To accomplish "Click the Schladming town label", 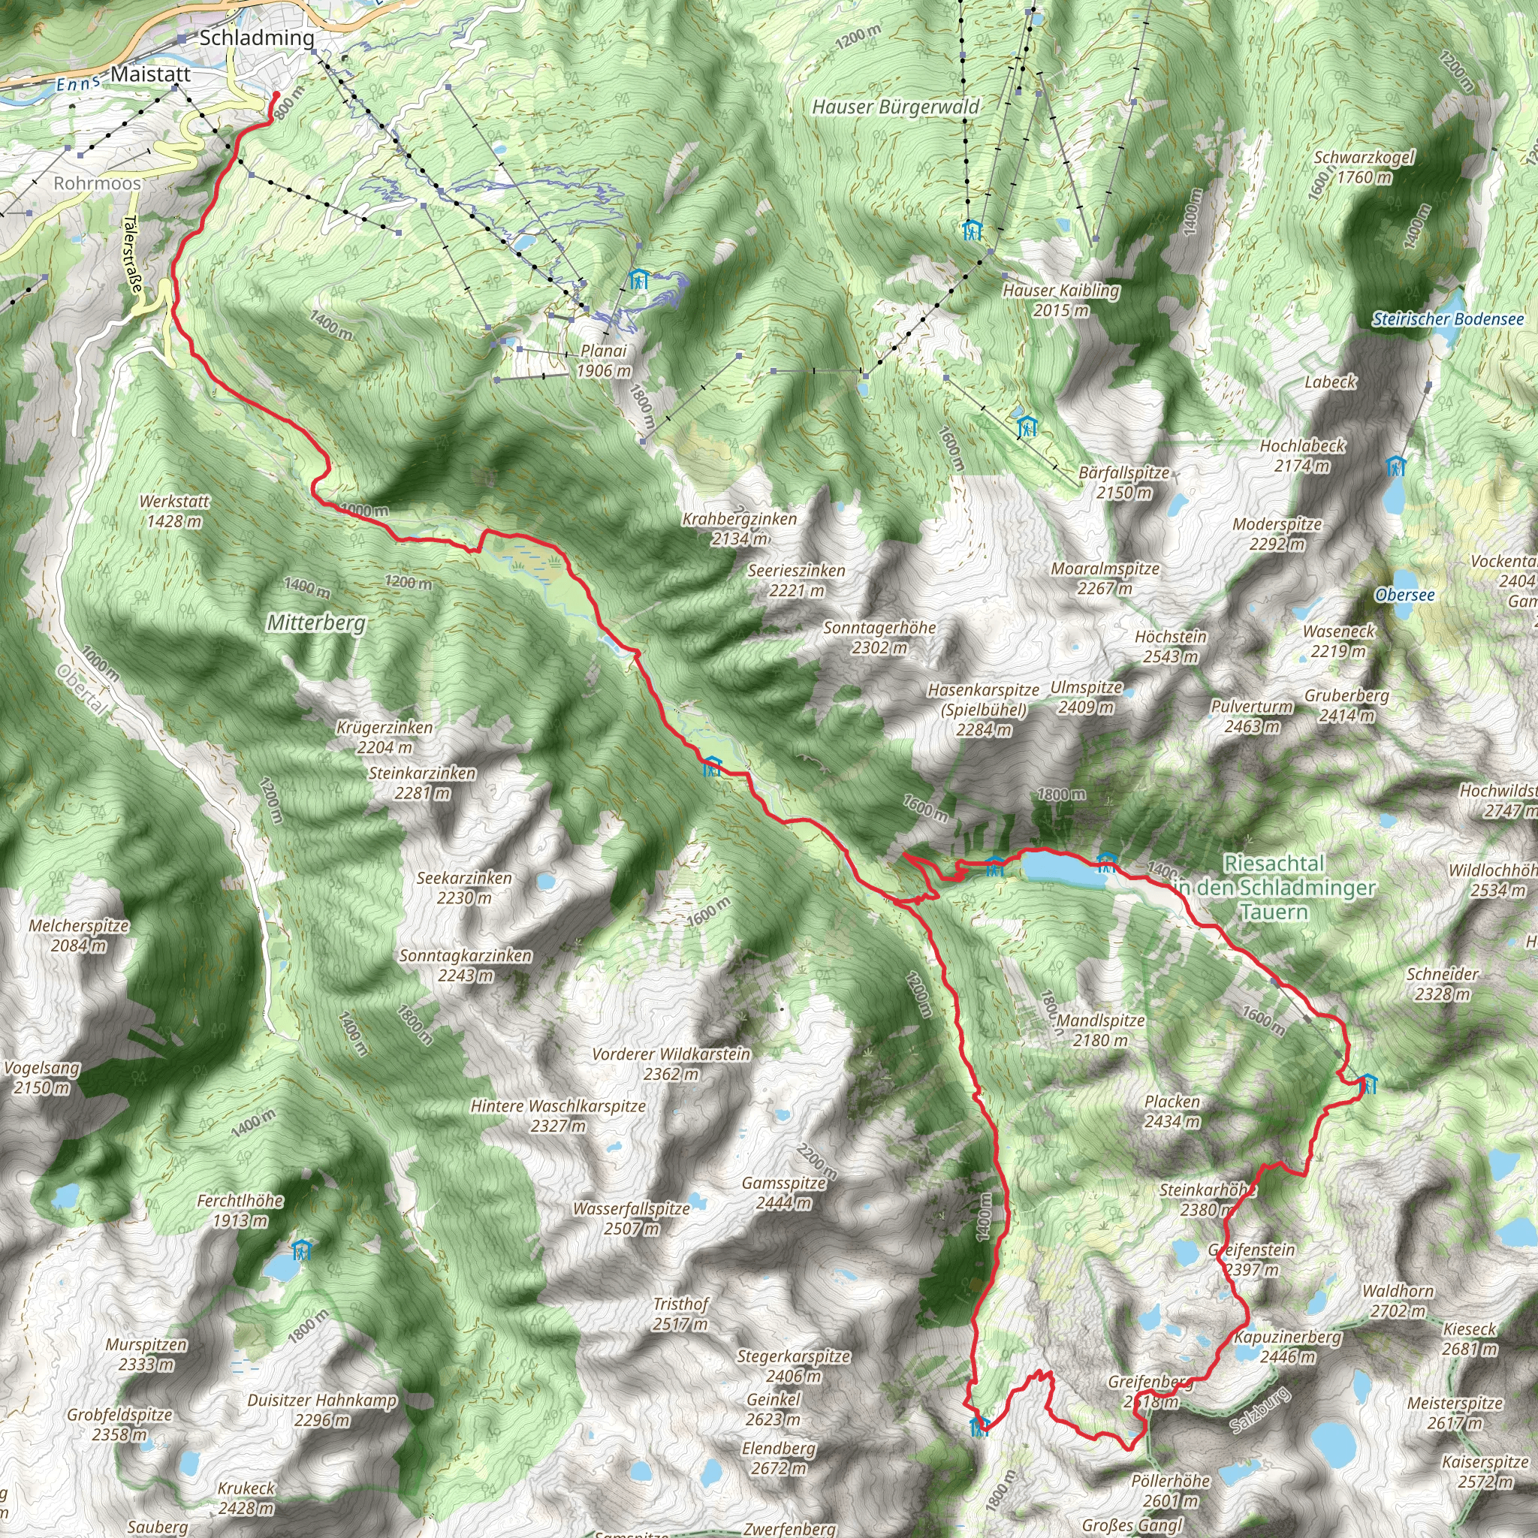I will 256,38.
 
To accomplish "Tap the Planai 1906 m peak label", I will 604,360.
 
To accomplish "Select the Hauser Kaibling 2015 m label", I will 1060,300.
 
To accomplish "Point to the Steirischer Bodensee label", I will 1447,319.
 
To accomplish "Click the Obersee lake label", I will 1405,595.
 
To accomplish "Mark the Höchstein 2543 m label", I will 1170,647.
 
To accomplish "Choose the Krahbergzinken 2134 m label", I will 739,529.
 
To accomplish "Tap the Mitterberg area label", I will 316,623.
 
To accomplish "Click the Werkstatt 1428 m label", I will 174,511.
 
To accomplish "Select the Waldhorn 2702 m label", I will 1398,1301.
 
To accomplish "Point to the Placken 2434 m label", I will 1172,1111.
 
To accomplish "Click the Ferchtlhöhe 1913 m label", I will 240,1210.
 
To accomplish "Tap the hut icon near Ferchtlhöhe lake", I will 301,1250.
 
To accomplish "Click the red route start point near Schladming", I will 276,95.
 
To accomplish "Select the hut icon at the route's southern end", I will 979,1426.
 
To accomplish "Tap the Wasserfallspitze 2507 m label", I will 632,1218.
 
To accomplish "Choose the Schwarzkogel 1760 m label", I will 1364,167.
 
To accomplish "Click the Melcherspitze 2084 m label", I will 79,936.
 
